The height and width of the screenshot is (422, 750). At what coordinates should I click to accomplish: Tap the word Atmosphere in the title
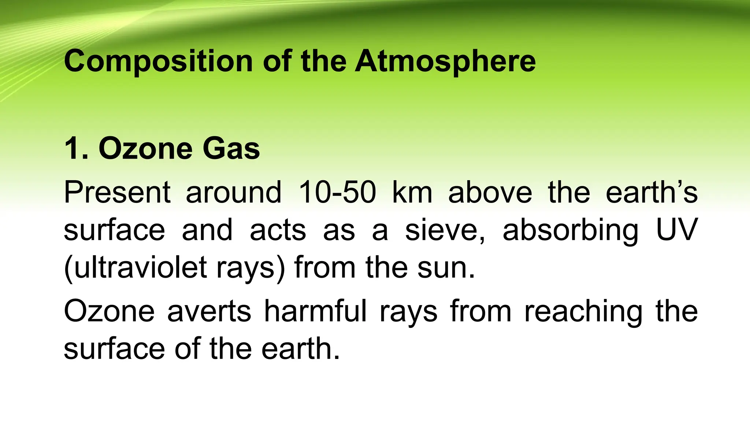tap(445, 61)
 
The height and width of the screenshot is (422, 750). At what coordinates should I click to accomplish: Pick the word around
tap(234, 192)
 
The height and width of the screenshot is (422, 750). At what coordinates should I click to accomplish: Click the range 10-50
tap(337, 192)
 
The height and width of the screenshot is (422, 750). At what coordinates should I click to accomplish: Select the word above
tap(490, 192)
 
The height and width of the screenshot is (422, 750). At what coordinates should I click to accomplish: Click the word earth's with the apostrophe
tap(651, 192)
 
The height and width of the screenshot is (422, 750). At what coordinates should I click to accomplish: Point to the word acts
tap(278, 230)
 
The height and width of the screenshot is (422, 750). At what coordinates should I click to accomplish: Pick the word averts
tap(209, 312)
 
